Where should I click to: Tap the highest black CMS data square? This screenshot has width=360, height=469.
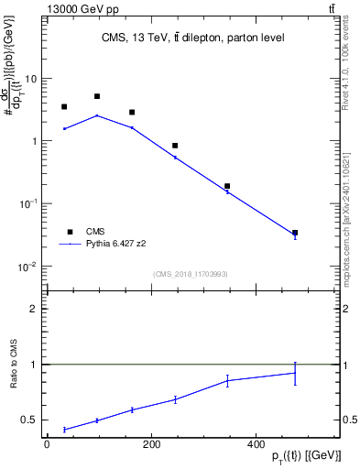97,96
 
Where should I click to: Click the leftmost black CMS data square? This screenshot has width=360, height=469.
64,107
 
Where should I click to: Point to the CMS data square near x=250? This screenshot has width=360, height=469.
175,146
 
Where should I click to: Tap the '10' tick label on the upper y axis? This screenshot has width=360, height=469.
31,79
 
